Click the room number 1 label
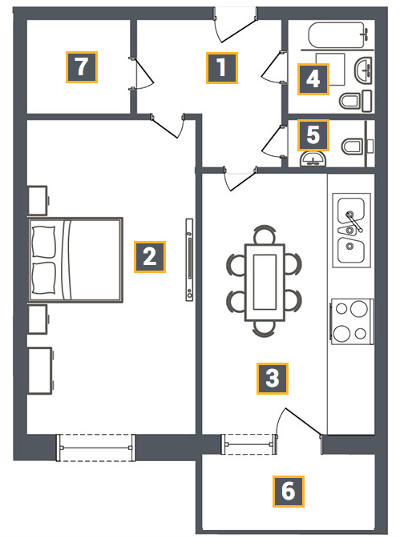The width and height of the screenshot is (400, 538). point(222,68)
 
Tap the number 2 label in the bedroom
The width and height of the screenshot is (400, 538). point(150,257)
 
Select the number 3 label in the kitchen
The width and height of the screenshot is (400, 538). point(273,379)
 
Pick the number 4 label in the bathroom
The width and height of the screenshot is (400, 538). point(313,79)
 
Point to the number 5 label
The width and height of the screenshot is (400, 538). point(313,135)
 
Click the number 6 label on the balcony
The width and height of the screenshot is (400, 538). point(289,492)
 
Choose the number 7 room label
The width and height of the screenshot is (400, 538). point(82,67)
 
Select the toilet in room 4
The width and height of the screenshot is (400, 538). point(356,101)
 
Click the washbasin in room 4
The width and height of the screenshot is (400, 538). point(363,70)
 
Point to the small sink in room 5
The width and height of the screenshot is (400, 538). point(313,160)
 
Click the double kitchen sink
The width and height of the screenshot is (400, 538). point(351,231)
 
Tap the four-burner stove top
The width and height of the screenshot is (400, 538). point(352,322)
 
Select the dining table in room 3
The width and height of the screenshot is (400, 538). point(265,283)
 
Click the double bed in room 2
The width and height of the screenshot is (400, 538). point(75,259)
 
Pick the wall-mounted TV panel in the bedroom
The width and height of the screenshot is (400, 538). point(189,259)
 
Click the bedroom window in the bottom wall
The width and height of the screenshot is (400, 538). point(96,448)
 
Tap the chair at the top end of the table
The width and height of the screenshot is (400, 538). point(265,235)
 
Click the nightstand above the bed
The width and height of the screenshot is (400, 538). point(38,201)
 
